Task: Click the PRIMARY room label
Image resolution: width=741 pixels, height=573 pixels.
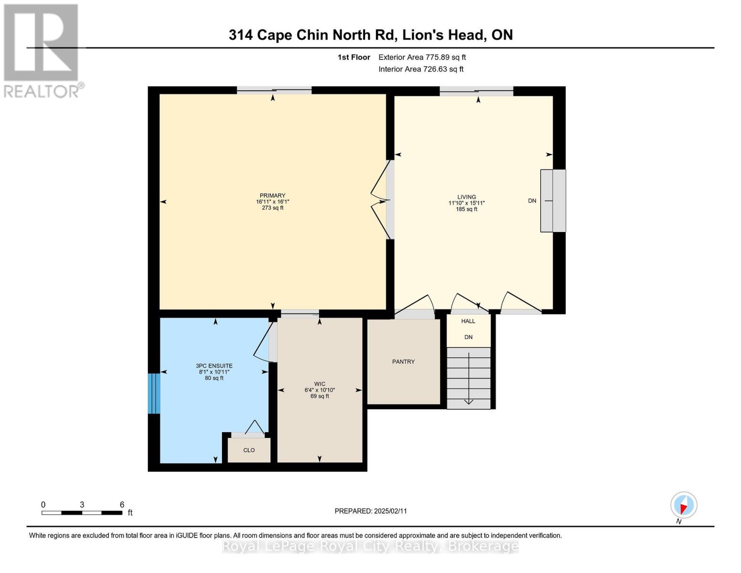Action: click(272, 195)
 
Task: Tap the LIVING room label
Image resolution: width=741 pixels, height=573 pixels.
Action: click(466, 197)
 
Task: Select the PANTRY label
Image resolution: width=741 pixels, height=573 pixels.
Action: click(403, 361)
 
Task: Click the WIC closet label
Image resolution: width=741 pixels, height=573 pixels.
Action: click(319, 384)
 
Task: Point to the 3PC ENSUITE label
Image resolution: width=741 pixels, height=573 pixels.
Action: click(214, 366)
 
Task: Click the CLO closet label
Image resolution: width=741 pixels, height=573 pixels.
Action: click(249, 450)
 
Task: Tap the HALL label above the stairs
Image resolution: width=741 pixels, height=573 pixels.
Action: click(468, 321)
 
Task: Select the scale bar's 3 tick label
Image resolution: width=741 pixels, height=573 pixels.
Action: click(82, 505)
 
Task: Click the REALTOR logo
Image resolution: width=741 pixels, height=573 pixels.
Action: click(42, 50)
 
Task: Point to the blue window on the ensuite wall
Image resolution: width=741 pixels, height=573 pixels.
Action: click(153, 393)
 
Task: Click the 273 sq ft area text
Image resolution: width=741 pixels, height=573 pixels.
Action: click(272, 208)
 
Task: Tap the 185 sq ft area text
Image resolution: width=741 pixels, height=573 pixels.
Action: click(466, 209)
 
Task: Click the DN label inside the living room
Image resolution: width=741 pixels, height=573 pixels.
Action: click(532, 201)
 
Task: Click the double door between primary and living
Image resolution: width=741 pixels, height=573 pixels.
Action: click(382, 201)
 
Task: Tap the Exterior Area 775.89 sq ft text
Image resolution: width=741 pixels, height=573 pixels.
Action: click(422, 57)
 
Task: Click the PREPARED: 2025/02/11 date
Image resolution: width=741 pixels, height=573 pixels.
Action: click(371, 511)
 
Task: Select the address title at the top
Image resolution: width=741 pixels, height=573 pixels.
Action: click(371, 35)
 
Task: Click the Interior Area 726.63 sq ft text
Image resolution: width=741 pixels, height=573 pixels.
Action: click(421, 69)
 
